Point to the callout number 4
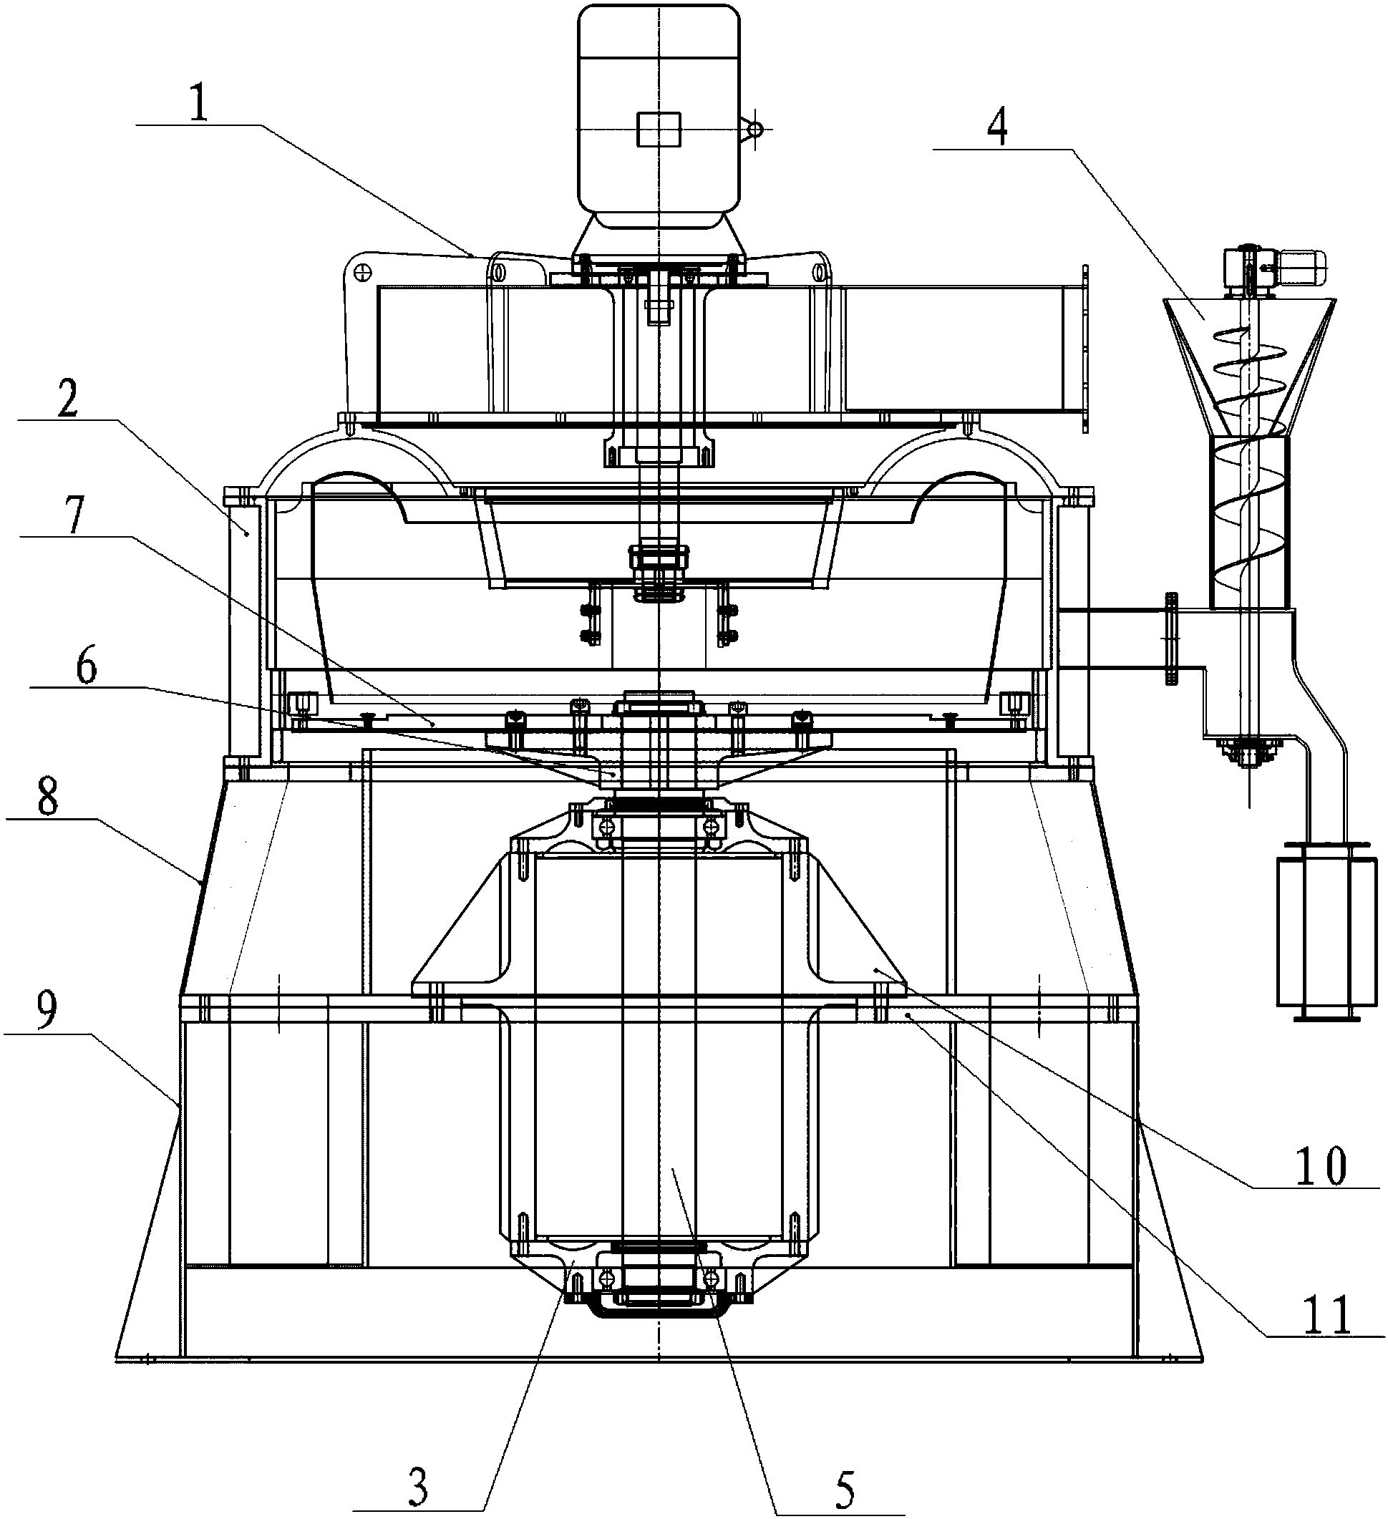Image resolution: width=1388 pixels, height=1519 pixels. click(996, 130)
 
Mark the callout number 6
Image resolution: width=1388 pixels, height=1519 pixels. click(87, 668)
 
